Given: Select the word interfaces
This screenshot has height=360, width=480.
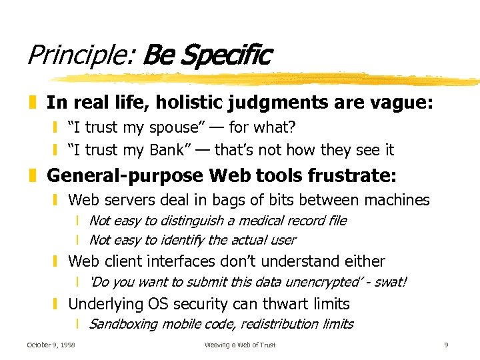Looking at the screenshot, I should pyautogui.click(x=191, y=261).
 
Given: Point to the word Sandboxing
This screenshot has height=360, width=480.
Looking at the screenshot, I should pyautogui.click(x=123, y=325).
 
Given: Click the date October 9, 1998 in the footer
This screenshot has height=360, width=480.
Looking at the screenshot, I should pyautogui.click(x=51, y=345).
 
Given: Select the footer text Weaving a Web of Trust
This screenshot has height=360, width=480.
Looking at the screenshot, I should pyautogui.click(x=240, y=345).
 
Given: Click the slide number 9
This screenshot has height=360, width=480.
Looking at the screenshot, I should pyautogui.click(x=446, y=345).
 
